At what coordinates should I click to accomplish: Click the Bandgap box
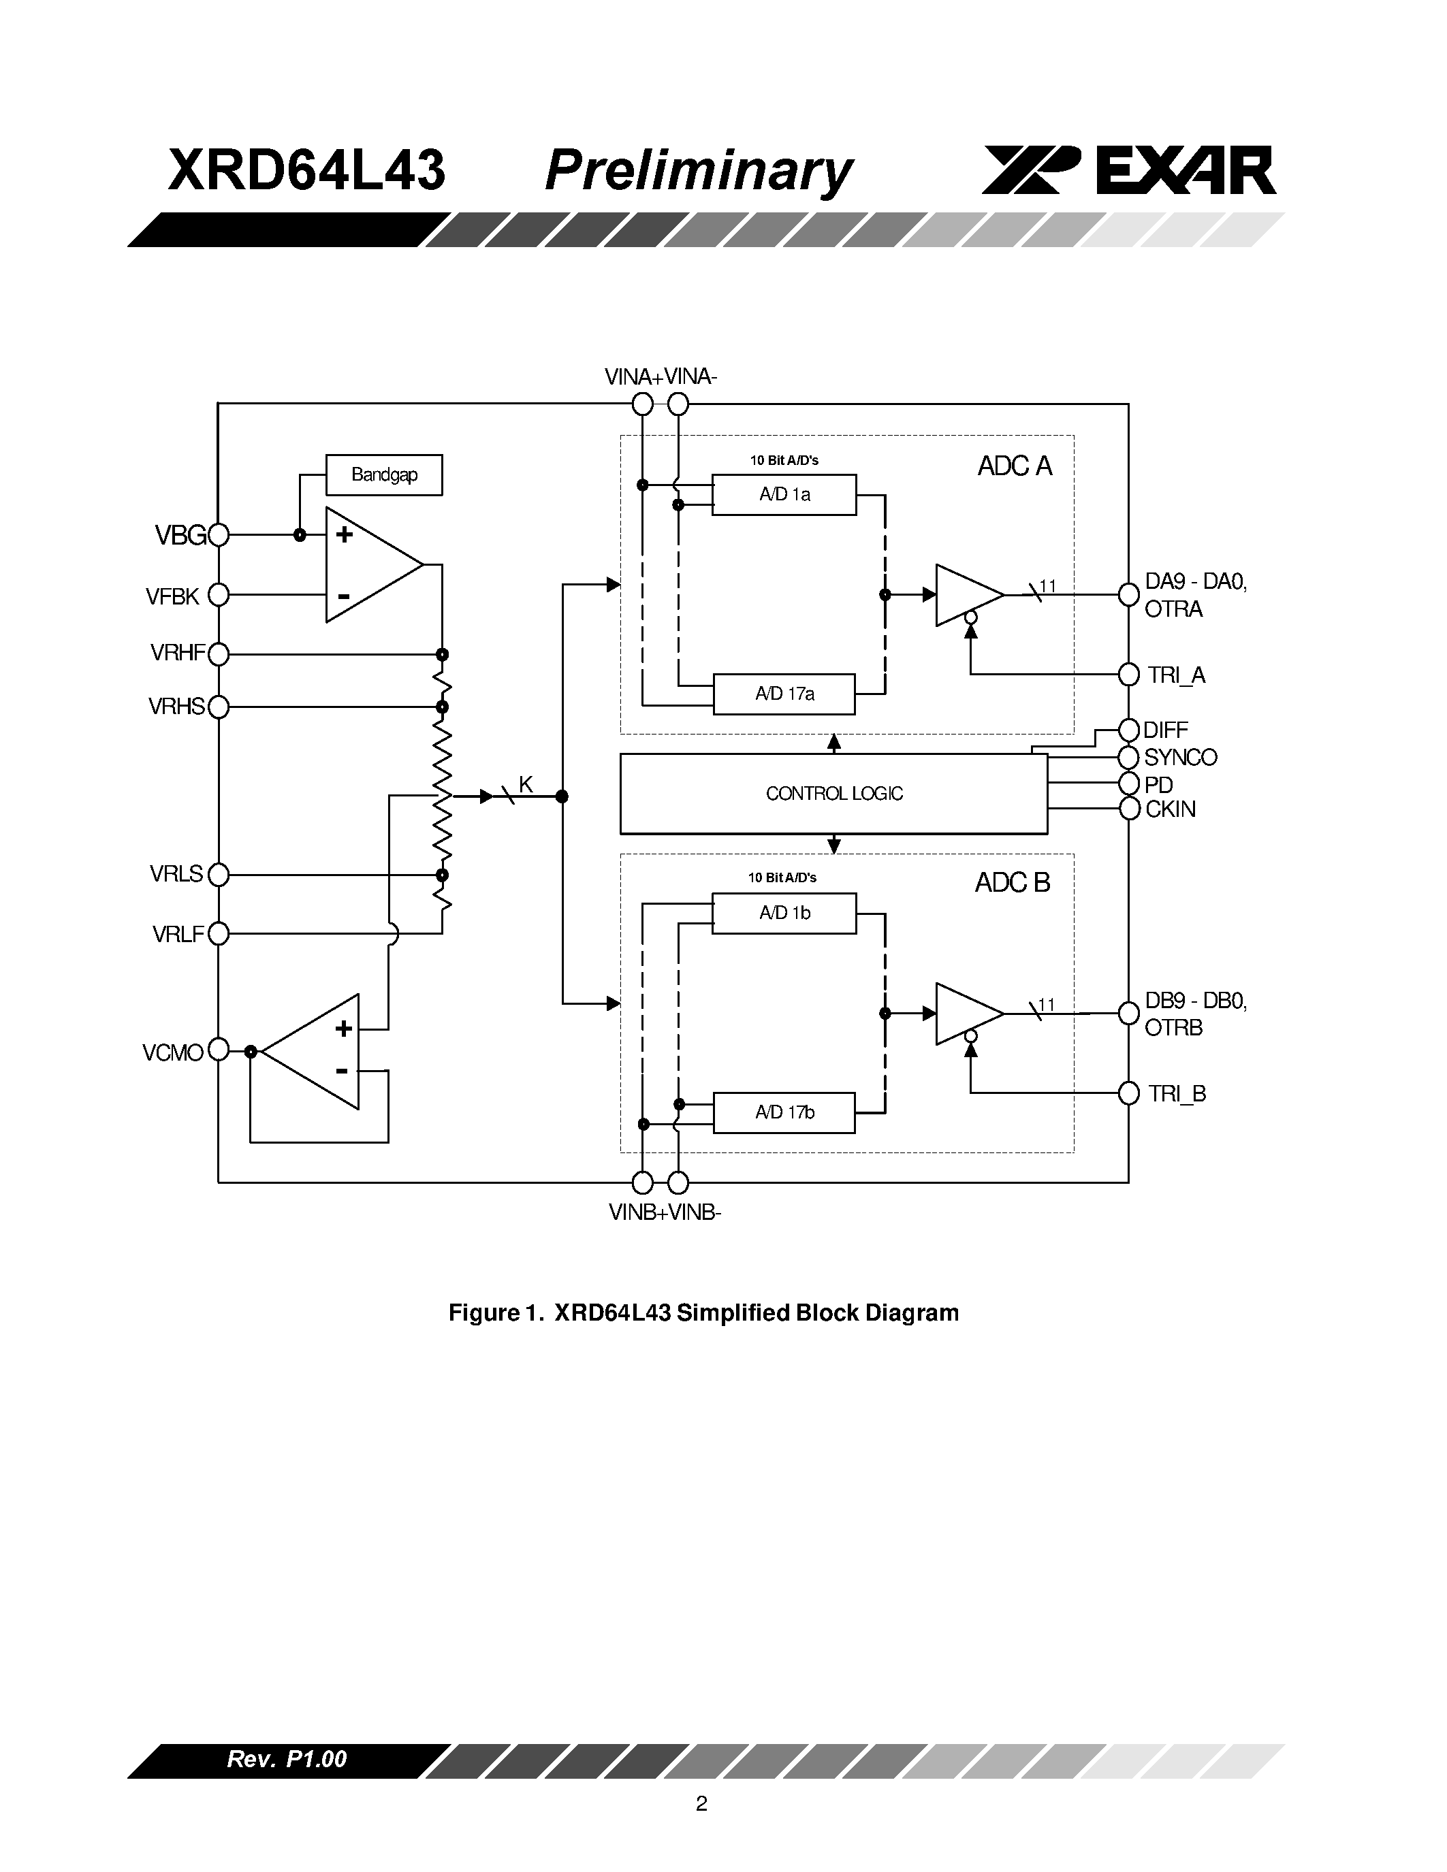384,475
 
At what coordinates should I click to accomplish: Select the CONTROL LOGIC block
833,794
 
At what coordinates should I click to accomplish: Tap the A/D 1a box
784,495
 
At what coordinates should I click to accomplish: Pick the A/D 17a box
784,694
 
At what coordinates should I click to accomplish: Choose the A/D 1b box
784,914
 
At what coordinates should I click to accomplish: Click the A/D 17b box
784,1112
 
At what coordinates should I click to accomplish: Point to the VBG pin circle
219,535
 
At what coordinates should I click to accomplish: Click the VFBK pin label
172,596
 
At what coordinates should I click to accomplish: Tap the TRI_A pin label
1176,675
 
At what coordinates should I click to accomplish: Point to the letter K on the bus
526,784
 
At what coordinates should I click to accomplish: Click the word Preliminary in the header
698,172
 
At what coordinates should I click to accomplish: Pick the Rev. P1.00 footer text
286,1760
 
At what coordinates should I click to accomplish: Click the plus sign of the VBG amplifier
344,535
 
